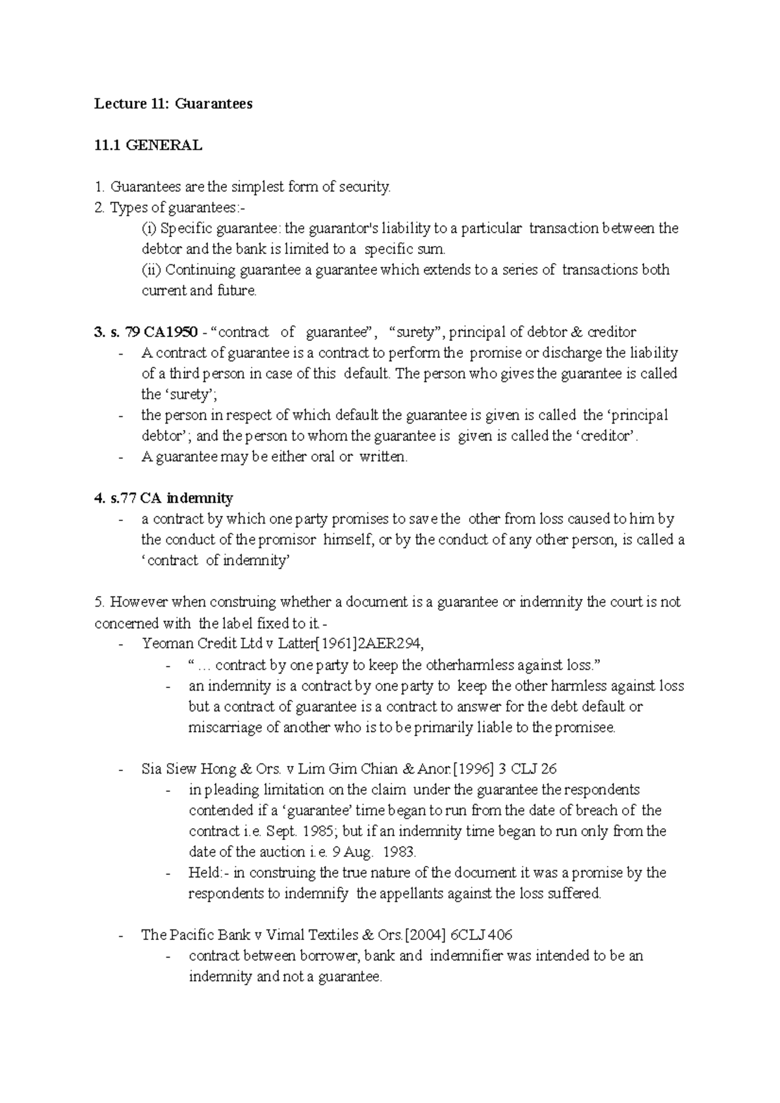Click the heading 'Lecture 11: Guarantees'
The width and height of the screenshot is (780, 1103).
[x=173, y=104]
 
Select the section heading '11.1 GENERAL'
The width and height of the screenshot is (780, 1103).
[x=148, y=146]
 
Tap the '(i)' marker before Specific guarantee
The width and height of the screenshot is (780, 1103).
[x=149, y=229]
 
